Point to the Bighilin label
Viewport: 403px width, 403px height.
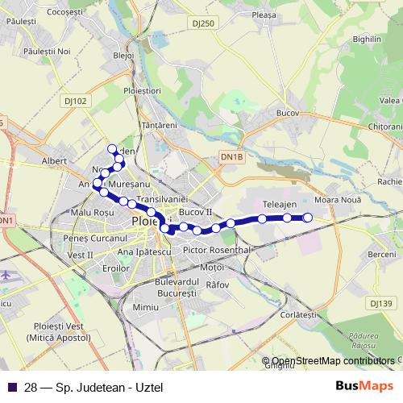pyautogui.click(x=366, y=39)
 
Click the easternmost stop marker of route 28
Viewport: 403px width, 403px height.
pyautogui.click(x=307, y=218)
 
